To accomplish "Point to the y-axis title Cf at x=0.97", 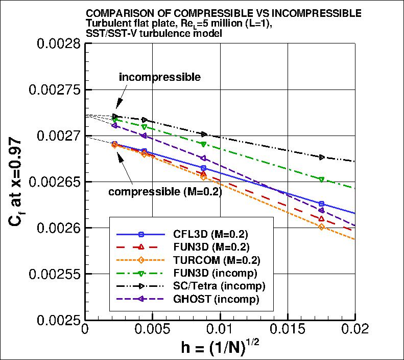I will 16,182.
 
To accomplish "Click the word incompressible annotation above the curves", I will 159,77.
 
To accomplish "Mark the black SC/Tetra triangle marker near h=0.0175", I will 321,157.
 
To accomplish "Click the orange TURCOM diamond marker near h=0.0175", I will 321,227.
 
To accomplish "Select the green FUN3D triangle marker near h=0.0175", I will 321,179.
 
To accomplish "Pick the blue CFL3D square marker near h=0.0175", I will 321,204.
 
